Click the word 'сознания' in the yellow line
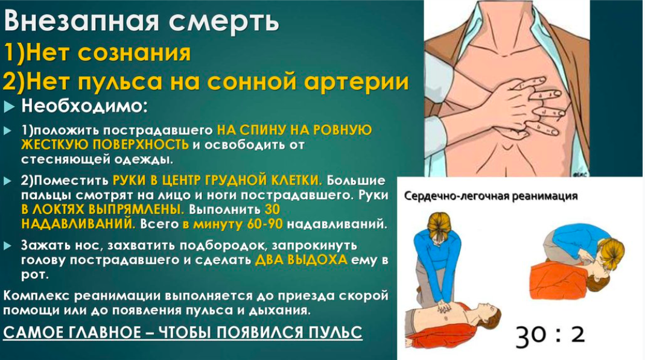(x=134, y=52)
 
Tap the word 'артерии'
(x=356, y=82)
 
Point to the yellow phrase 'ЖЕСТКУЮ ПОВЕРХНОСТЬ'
(x=105, y=145)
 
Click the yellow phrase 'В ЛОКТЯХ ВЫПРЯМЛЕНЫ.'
(x=103, y=209)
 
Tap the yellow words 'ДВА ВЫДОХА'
(x=301, y=260)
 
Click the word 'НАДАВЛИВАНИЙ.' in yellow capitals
(x=78, y=224)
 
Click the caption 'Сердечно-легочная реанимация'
(x=491, y=196)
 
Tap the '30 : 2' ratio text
(x=550, y=335)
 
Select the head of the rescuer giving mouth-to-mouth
(x=611, y=251)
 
